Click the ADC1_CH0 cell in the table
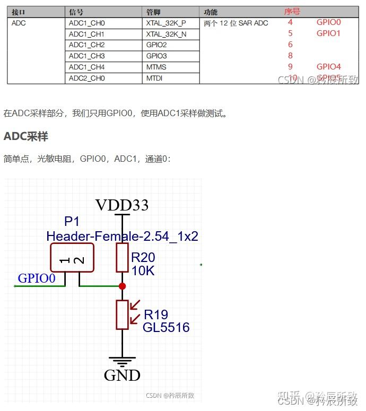tap(87, 23)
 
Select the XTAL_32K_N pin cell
tap(166, 34)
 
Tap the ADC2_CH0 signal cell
tap(87, 78)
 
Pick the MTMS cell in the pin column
tap(156, 67)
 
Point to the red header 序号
tap(292, 12)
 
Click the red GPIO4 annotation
tap(328, 67)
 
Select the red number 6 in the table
tap(290, 45)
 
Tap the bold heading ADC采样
tap(26, 136)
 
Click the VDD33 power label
tap(122, 205)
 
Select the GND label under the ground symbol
tap(122, 375)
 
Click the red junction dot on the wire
tap(122, 286)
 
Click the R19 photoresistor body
tap(122, 314)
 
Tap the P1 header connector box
tap(72, 258)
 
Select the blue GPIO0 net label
tap(37, 278)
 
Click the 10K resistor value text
tap(143, 270)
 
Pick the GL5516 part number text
tap(166, 328)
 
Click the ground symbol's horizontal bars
tap(122, 363)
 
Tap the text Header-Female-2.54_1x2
tap(122, 236)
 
